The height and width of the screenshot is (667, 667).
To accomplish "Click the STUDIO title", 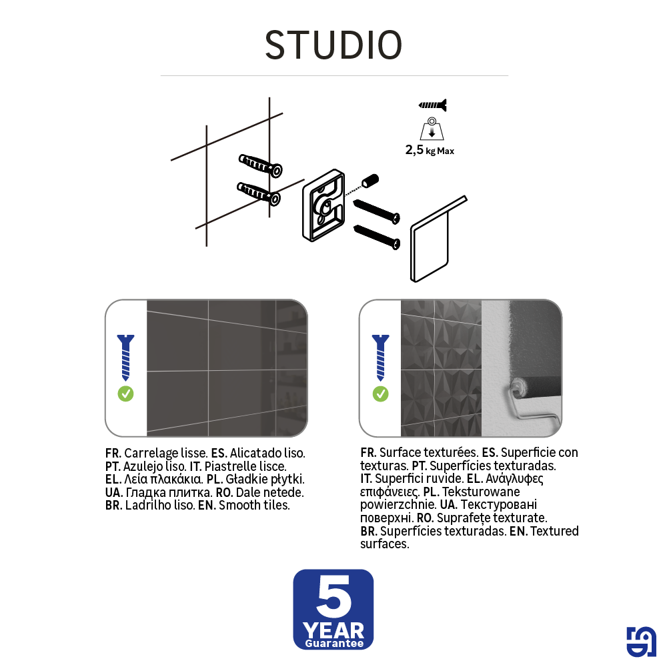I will tap(333, 45).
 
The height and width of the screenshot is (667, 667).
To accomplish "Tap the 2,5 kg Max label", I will tap(430, 151).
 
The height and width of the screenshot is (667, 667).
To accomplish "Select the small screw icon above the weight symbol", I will tap(432, 105).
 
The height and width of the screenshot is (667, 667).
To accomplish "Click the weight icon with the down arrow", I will tap(432, 129).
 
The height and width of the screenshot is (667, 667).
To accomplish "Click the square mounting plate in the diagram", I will tap(323, 205).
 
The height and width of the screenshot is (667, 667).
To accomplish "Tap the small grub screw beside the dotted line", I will tap(370, 180).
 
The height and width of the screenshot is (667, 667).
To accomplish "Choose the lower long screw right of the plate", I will tap(376, 235).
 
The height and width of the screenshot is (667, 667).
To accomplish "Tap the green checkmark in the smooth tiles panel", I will tap(125, 394).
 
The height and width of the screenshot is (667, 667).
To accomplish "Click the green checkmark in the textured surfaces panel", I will tap(380, 394).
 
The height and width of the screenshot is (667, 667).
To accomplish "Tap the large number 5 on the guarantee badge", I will tap(333, 597).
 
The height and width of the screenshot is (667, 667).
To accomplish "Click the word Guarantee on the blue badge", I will tap(333, 644).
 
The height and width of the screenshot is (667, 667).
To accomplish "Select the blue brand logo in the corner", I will tap(641, 642).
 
